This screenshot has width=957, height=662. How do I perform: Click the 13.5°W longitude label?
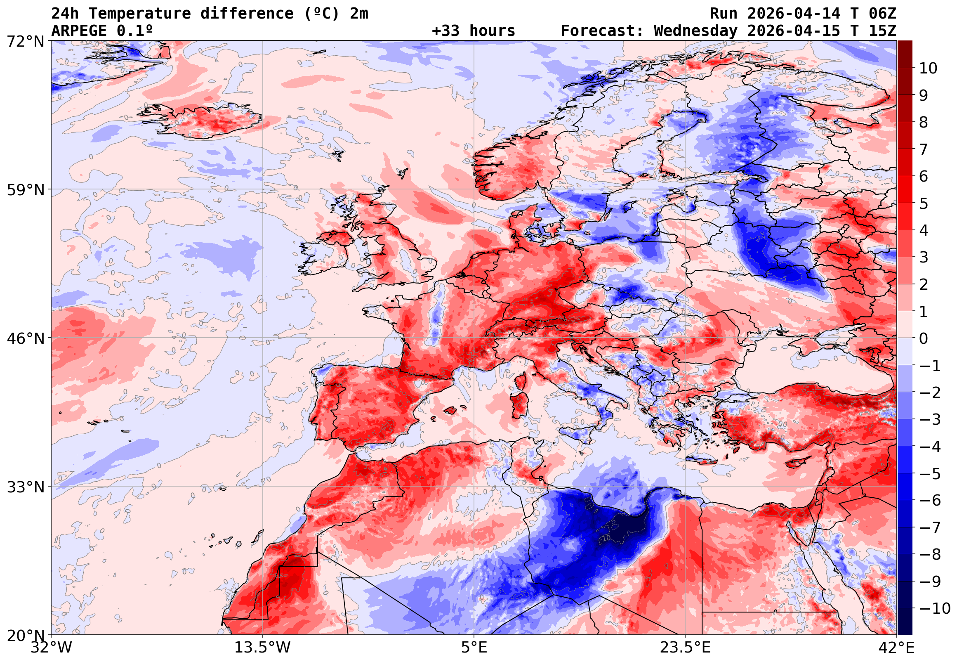262,648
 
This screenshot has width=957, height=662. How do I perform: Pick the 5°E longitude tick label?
474,648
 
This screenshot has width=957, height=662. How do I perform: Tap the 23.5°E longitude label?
685,648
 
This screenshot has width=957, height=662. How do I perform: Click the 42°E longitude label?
896,648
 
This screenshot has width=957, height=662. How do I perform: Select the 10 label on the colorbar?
928,68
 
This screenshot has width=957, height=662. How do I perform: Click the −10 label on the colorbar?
935,608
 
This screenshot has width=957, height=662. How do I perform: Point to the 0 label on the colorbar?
924,338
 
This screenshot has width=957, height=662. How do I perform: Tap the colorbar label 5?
924,203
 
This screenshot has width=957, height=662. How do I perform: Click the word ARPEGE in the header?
79,31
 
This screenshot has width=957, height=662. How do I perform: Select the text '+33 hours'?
473,31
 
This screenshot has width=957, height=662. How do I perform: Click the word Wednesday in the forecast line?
695,31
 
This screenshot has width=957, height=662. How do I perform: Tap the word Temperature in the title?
139,14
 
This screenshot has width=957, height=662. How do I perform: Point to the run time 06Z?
882,14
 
